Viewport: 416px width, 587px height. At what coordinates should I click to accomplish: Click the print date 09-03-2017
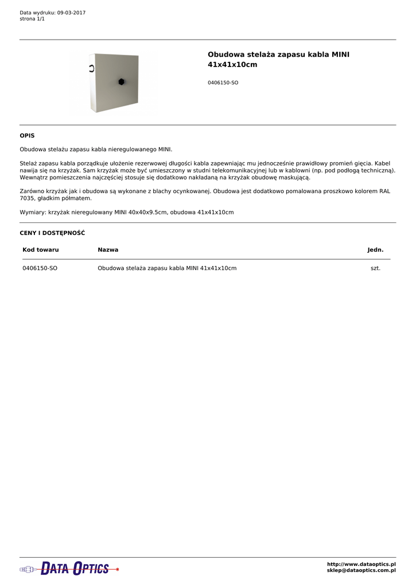(x=71, y=13)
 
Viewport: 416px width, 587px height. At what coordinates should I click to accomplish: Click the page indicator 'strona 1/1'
(x=32, y=19)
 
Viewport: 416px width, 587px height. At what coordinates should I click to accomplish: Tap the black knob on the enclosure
(x=122, y=82)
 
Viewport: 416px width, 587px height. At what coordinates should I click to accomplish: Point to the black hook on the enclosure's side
(x=91, y=69)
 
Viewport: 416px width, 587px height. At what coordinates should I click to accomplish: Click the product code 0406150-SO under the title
(x=223, y=83)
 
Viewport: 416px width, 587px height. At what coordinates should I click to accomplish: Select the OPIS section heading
(x=27, y=136)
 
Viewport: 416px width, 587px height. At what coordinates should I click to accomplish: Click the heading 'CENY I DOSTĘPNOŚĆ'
(x=52, y=233)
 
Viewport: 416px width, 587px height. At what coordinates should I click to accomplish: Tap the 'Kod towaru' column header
(x=41, y=250)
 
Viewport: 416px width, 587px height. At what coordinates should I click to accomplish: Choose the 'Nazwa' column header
(x=108, y=250)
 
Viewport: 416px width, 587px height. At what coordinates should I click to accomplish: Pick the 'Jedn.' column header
(x=375, y=250)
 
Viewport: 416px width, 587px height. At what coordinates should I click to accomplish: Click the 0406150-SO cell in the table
(x=40, y=268)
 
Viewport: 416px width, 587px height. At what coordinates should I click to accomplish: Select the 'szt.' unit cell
(x=375, y=268)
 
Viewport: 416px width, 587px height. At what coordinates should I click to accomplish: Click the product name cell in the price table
(x=167, y=268)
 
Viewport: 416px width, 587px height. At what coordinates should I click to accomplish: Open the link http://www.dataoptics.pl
(x=361, y=565)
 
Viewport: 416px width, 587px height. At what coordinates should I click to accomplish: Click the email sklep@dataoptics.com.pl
(x=361, y=571)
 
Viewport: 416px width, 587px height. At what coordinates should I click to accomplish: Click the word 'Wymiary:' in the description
(x=33, y=212)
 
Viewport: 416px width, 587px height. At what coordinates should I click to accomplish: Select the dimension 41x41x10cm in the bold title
(x=232, y=65)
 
